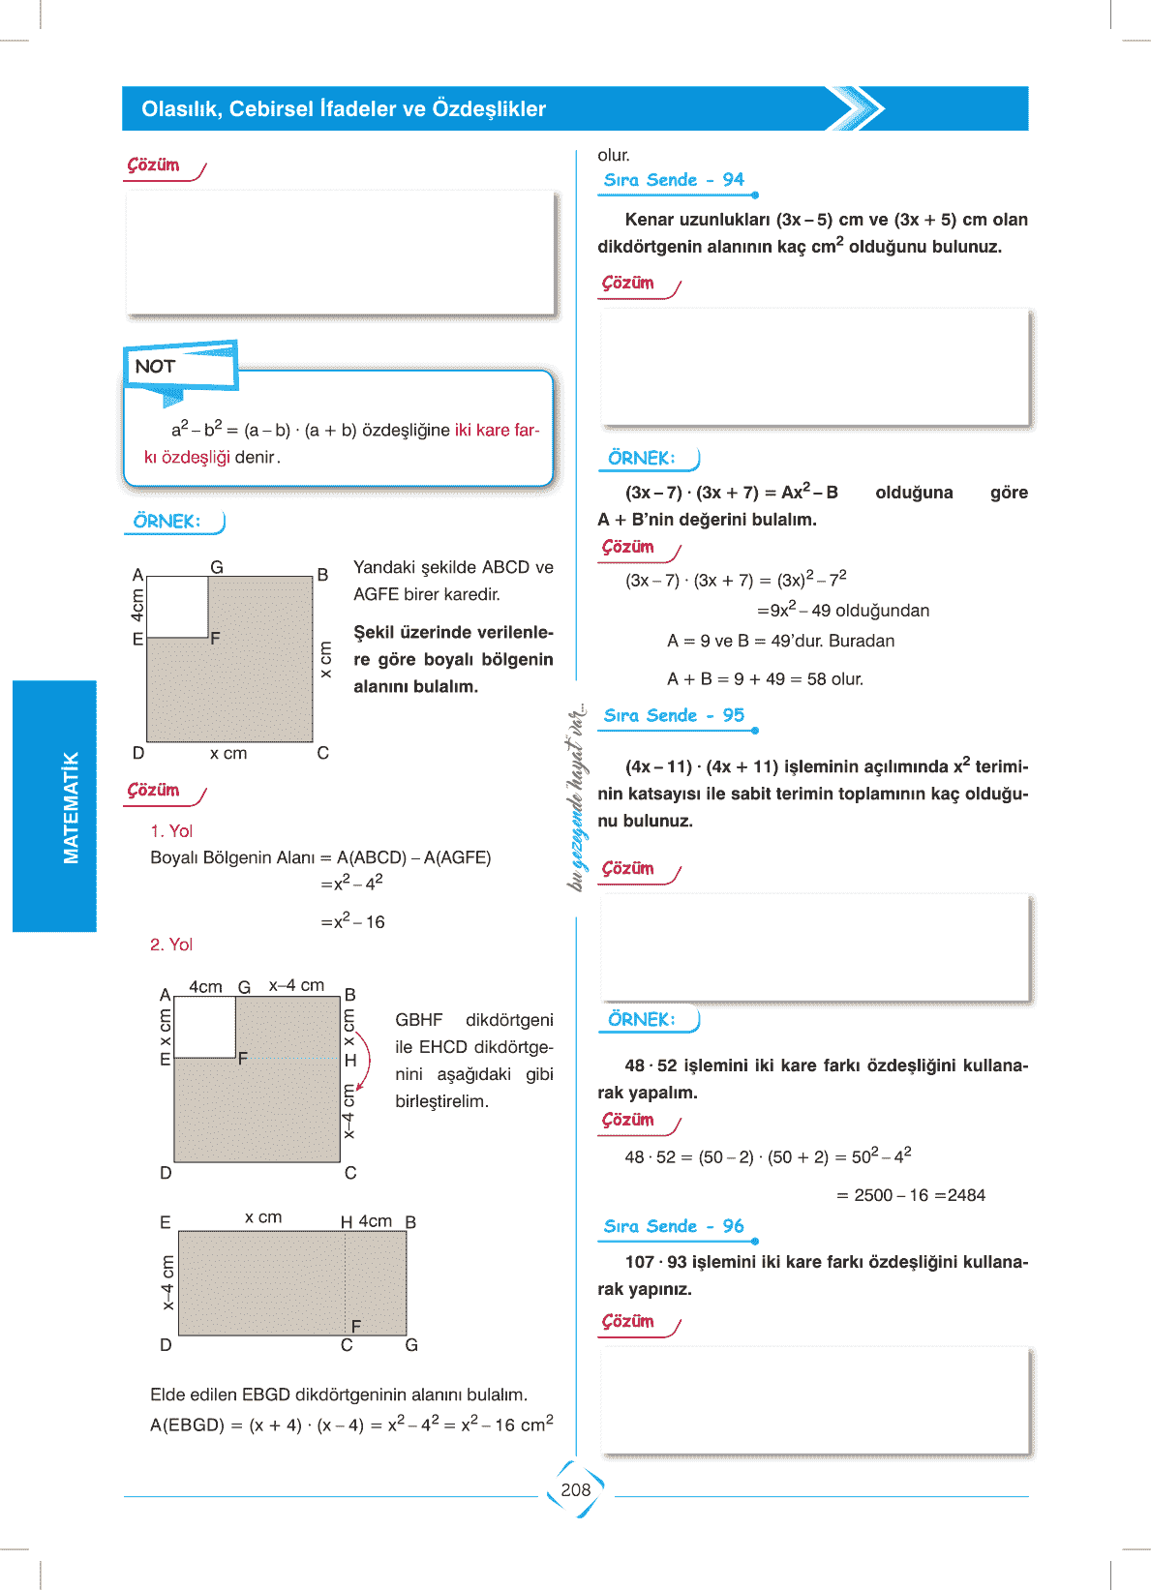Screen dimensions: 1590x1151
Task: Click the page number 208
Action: click(575, 1489)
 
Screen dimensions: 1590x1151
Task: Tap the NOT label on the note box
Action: click(155, 366)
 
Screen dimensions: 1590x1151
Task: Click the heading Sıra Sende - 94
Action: click(674, 180)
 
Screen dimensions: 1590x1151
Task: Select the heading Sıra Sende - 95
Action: click(674, 716)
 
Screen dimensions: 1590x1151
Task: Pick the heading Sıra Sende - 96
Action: click(674, 1226)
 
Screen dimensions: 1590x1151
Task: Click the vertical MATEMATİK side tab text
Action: click(71, 807)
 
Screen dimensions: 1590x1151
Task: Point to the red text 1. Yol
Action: click(171, 831)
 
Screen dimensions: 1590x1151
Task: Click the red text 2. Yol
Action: click(171, 945)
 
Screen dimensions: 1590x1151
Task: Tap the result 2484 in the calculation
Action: click(966, 1195)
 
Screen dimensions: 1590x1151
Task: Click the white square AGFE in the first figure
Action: click(177, 607)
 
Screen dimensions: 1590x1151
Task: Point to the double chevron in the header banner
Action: click(856, 108)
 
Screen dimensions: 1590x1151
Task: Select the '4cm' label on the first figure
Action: click(137, 606)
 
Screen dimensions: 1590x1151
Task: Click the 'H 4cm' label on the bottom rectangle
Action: click(367, 1222)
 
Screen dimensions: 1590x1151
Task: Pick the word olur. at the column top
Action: click(614, 155)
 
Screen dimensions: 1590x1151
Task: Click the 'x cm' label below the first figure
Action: click(228, 753)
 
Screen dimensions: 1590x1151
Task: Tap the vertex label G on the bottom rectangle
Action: click(411, 1345)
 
